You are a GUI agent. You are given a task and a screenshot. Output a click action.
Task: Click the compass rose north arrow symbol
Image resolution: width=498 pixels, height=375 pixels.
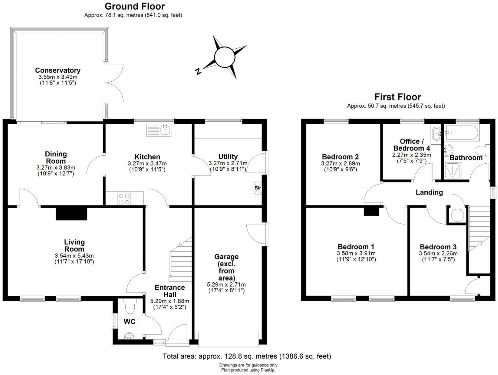[x=224, y=57]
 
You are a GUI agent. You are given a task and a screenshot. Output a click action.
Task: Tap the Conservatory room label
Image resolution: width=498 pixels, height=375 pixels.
[x=57, y=70]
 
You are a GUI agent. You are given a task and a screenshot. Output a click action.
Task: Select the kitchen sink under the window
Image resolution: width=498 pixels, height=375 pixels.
[x=159, y=130]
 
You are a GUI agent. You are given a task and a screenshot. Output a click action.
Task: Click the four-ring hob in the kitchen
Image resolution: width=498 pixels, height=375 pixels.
[x=124, y=199]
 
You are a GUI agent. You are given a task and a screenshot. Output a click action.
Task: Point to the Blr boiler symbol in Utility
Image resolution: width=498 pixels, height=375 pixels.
[x=258, y=188]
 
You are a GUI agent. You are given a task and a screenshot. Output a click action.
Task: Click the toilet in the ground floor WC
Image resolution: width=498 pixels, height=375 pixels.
[x=130, y=304]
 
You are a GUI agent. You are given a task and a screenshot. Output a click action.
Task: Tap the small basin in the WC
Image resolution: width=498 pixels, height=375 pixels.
[x=129, y=336]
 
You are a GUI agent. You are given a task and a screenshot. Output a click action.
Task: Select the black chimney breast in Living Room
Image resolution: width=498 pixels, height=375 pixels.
[x=71, y=214]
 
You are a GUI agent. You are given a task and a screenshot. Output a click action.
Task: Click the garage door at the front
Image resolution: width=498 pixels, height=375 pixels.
[x=228, y=338]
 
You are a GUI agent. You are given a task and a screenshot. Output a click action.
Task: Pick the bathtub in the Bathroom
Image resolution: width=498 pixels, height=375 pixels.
[x=461, y=133]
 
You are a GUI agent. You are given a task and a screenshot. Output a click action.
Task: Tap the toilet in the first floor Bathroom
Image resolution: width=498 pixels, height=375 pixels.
[x=483, y=151]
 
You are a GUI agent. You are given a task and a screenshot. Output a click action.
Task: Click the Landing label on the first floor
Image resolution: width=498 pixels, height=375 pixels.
[x=429, y=192]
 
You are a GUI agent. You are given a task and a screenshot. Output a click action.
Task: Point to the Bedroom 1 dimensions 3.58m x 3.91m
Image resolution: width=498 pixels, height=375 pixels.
[x=356, y=253]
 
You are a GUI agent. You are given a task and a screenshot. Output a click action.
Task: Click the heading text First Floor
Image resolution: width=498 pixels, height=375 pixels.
[x=397, y=97]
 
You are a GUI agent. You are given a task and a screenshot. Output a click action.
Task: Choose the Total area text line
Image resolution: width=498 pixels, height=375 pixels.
[x=246, y=356]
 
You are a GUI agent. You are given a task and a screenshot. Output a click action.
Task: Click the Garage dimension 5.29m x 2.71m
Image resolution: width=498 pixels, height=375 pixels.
[x=226, y=285]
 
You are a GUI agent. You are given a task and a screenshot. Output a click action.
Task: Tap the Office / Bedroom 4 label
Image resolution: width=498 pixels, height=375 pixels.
[x=412, y=145]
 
